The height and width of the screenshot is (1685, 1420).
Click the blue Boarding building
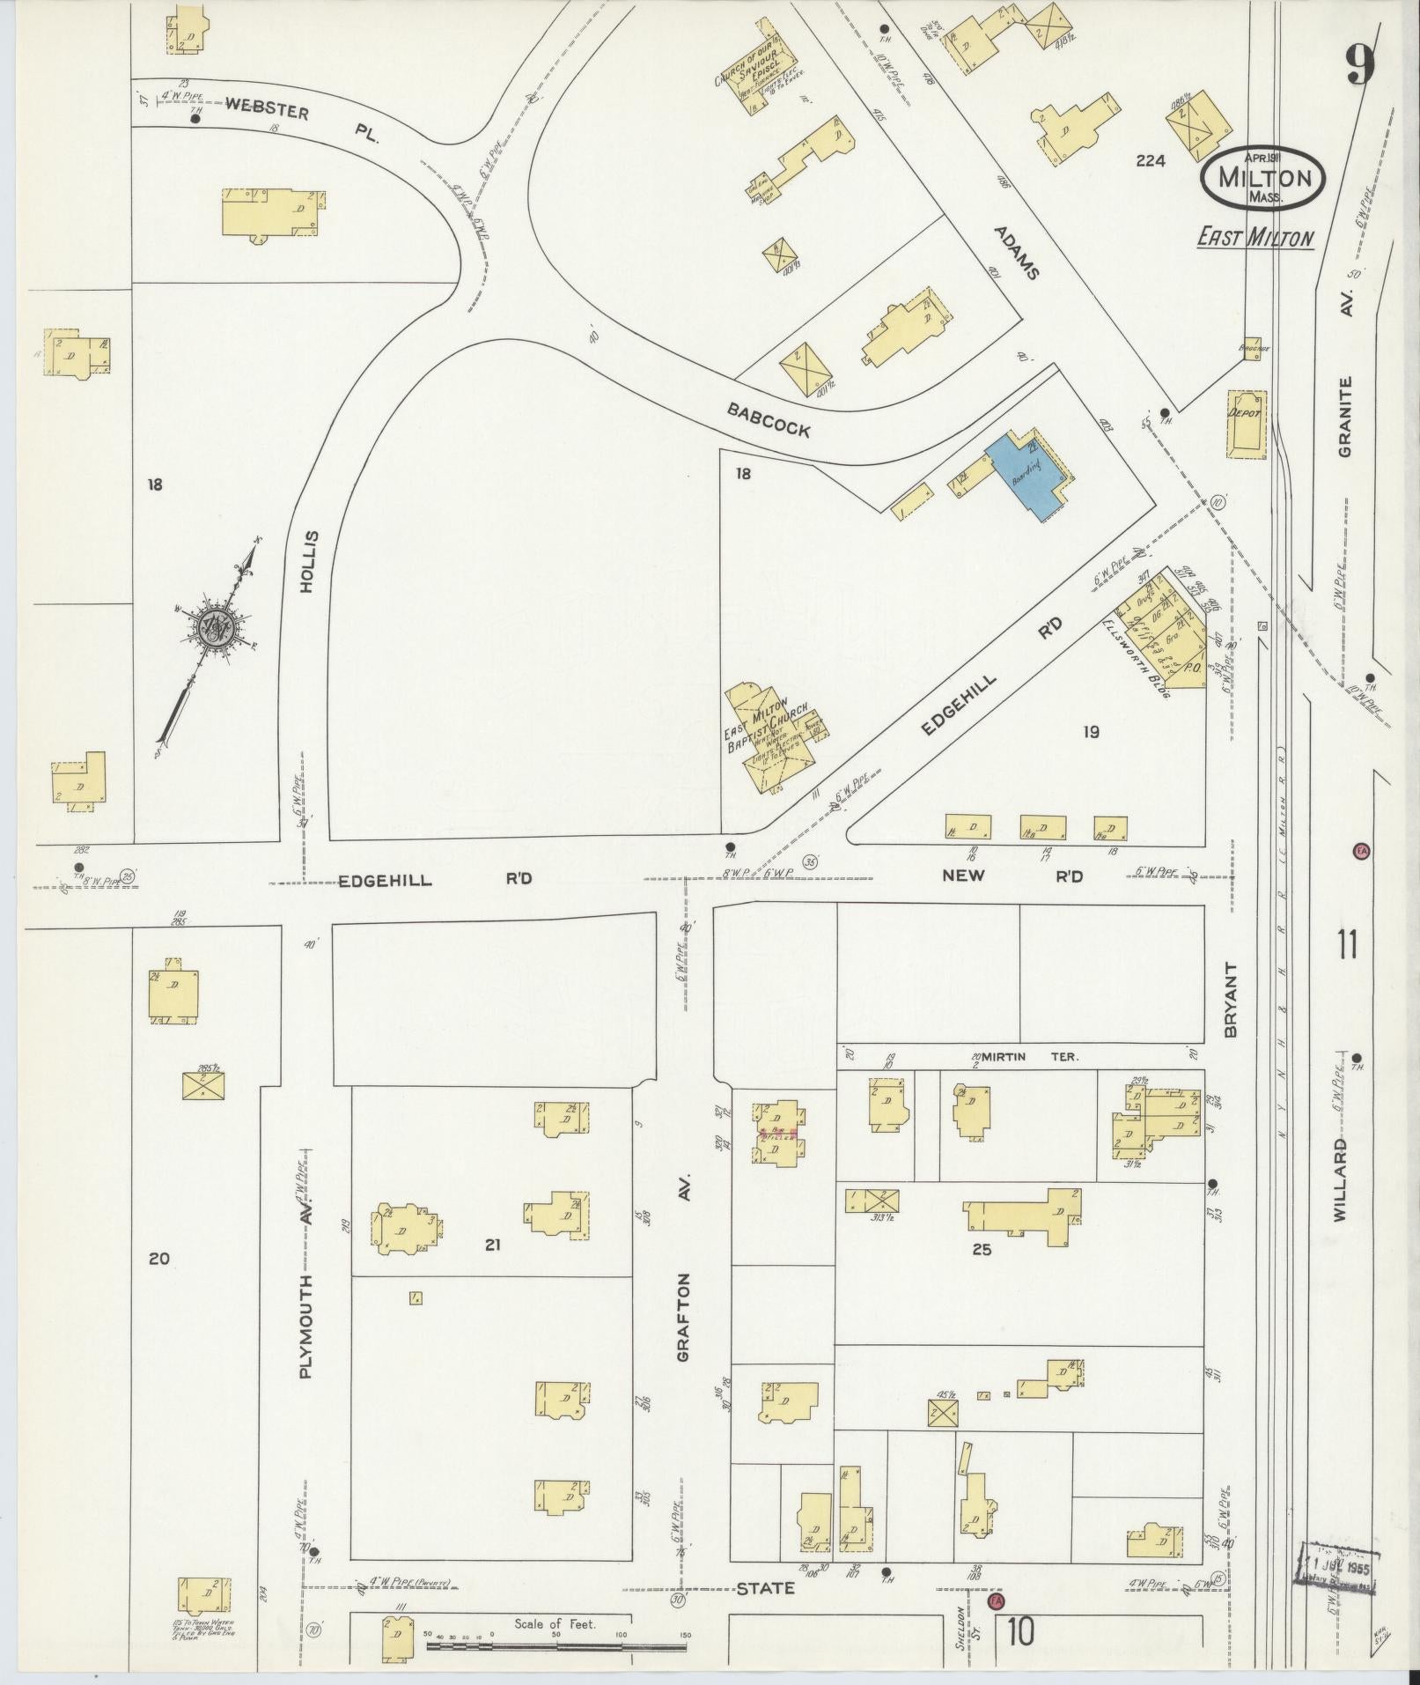[x=1024, y=475]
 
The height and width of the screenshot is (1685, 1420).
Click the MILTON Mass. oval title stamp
[x=1262, y=176]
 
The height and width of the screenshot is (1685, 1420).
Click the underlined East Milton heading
[x=1254, y=237]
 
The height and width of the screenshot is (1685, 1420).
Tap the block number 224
[x=1150, y=161]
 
